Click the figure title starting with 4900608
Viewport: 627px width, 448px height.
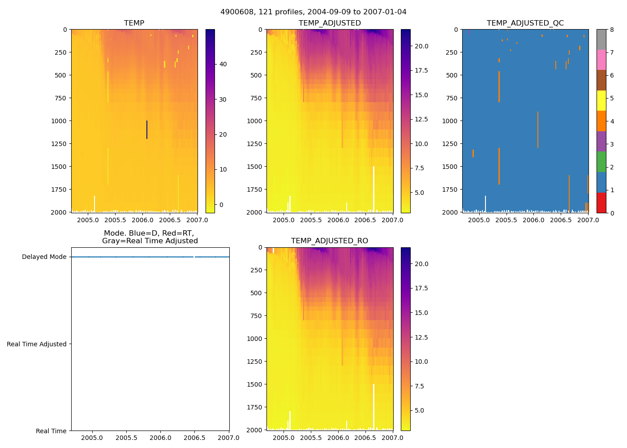click(313, 12)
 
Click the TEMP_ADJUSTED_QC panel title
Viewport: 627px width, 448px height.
click(525, 23)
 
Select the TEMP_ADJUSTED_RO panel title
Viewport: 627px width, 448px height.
click(329, 241)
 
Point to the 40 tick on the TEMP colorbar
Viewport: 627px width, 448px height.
click(223, 64)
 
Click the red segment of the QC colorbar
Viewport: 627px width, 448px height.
click(601, 202)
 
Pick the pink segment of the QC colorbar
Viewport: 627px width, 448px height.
click(601, 60)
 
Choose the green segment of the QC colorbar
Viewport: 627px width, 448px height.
click(601, 162)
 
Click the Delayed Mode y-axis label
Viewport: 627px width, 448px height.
click(44, 257)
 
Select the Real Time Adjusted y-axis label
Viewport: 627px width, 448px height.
click(36, 344)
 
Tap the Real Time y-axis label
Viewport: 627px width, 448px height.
click(51, 431)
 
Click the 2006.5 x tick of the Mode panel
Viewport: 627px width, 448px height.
click(195, 438)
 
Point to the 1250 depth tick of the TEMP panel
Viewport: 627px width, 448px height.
click(58, 144)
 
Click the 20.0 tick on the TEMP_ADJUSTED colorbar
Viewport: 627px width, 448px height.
click(421, 46)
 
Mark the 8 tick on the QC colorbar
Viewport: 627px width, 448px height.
click(612, 30)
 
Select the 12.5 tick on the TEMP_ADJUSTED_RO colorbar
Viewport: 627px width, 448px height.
click(421, 337)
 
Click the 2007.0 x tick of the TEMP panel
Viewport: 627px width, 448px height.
click(197, 220)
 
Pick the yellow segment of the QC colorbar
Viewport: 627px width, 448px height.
click(601, 100)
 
